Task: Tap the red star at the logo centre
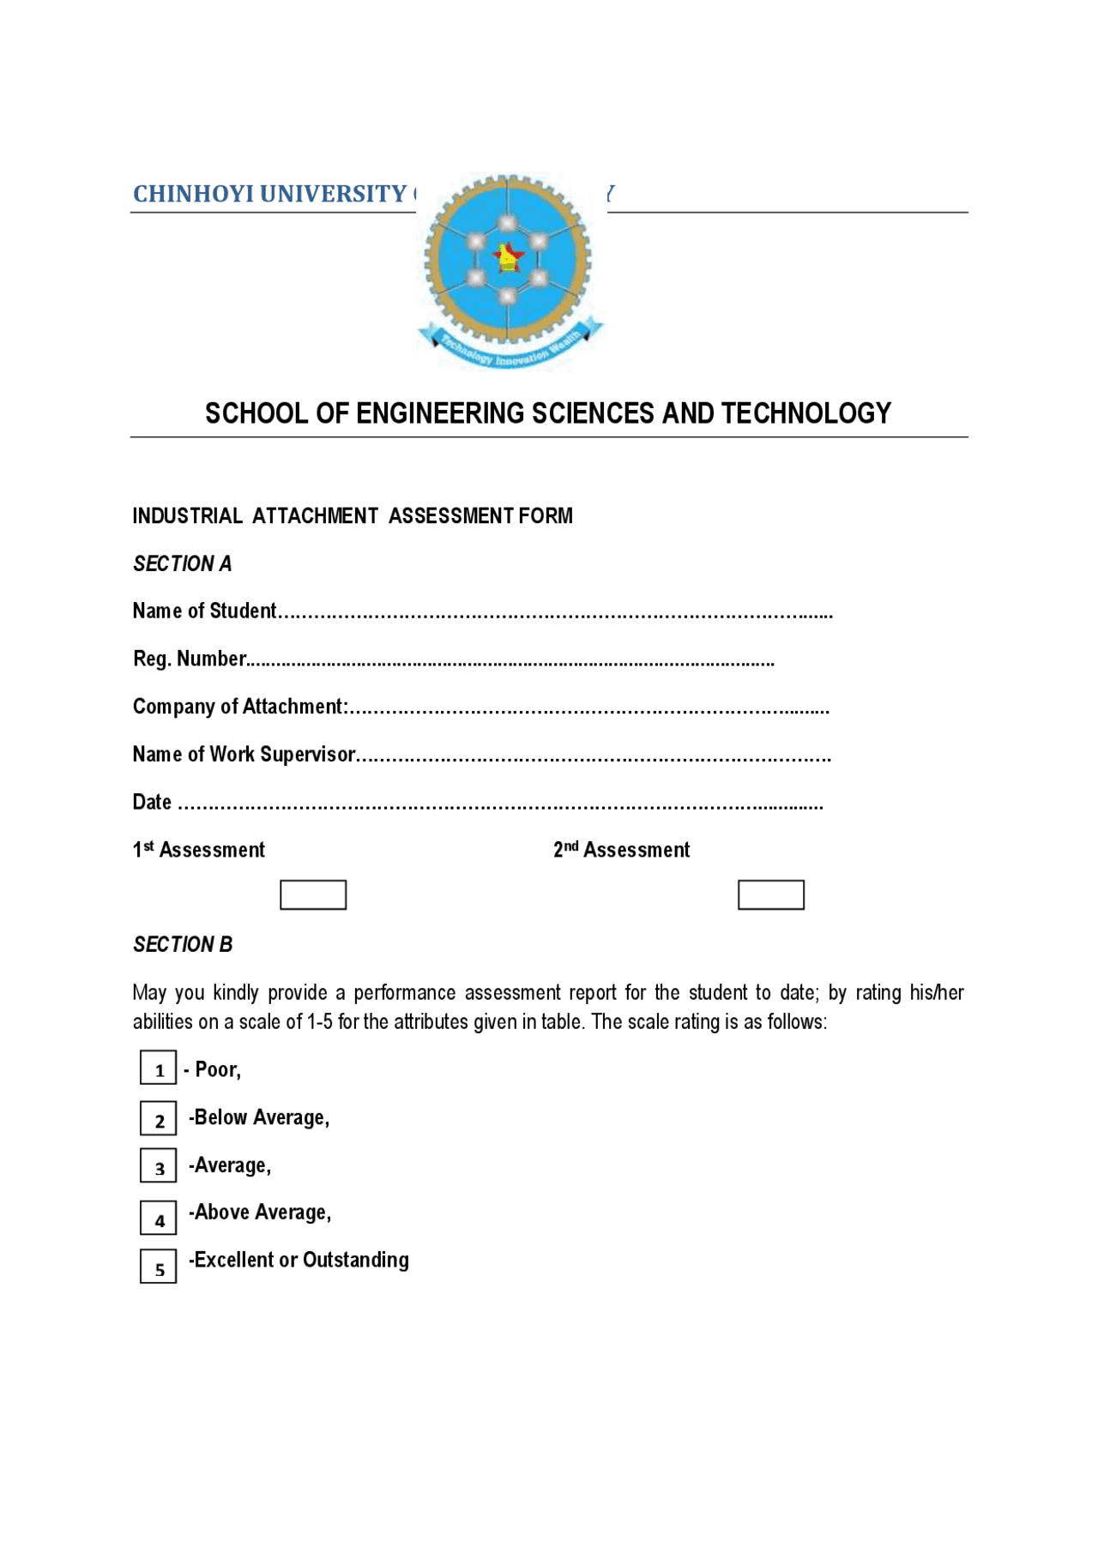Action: [508, 256]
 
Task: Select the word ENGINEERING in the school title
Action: [440, 413]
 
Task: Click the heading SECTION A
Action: [182, 563]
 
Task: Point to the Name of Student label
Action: [204, 611]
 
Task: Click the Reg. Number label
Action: [190, 659]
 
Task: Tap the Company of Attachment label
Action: [239, 707]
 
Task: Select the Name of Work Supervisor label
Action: [244, 755]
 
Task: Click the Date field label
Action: [152, 803]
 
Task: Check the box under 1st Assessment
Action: [313, 894]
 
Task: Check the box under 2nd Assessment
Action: [770, 894]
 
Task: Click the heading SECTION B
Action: [183, 944]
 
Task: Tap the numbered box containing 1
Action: [159, 1068]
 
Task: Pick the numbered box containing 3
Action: [159, 1166]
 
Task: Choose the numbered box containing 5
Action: [159, 1267]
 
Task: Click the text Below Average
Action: [260, 1117]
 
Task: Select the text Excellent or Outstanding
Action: [299, 1260]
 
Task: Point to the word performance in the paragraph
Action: [404, 993]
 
